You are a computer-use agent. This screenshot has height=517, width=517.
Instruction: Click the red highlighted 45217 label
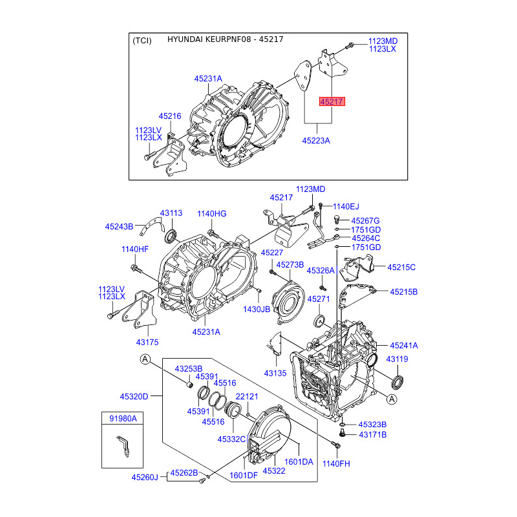pos(332,101)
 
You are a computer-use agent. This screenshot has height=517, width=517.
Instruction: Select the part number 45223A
pos(316,141)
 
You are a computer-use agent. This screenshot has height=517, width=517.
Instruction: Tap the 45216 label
pos(170,116)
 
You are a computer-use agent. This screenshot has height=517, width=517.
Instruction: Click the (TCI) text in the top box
pos(142,41)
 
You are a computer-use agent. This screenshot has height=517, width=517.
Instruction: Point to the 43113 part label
pos(171,213)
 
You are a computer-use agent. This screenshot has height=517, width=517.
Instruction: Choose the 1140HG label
pos(212,214)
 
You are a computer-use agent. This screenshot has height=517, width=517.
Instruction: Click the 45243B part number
pos(119,227)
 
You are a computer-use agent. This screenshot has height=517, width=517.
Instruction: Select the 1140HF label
pos(135,249)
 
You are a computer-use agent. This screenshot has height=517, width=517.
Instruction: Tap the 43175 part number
pos(147,343)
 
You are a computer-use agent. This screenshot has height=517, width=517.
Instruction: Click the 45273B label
pos(290,265)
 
